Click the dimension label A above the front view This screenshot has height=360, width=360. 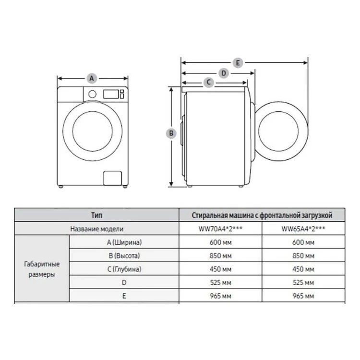(92, 79)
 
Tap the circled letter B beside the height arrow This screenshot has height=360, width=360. (171, 133)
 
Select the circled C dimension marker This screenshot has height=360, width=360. (209, 82)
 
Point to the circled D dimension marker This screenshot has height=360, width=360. (224, 73)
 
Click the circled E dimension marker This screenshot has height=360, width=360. (238, 63)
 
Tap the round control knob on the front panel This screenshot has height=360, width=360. (92, 94)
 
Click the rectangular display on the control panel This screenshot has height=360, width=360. (111, 94)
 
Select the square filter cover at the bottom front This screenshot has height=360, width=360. (112, 178)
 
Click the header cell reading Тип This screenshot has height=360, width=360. (96, 215)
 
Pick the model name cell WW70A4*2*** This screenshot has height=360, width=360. (220, 228)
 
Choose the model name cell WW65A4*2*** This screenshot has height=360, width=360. (303, 228)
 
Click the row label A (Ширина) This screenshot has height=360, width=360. (124, 242)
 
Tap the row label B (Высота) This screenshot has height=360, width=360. (124, 255)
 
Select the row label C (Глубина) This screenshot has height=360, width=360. (124, 269)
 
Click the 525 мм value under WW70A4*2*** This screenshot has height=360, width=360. (220, 283)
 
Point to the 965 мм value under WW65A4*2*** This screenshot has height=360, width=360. (303, 296)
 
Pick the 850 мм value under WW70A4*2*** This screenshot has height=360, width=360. (220, 256)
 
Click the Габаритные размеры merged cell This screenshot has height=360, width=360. (42, 269)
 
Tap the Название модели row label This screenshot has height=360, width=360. (96, 228)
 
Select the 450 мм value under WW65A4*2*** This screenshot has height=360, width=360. (303, 269)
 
